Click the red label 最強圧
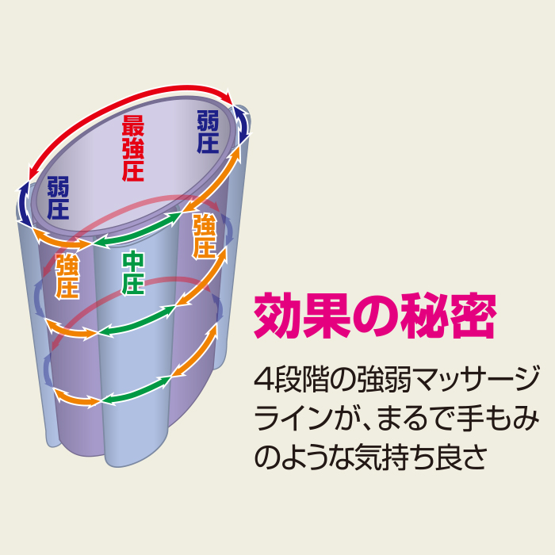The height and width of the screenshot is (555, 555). (x=132, y=148)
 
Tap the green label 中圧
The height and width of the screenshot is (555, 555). (x=133, y=273)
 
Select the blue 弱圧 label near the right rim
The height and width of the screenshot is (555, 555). (x=208, y=132)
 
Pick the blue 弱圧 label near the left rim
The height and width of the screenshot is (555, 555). (x=58, y=198)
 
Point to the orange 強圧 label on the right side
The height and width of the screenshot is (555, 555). (x=205, y=235)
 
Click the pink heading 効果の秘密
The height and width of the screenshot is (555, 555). (x=375, y=316)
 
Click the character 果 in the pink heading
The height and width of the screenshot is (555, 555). (x=327, y=316)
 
